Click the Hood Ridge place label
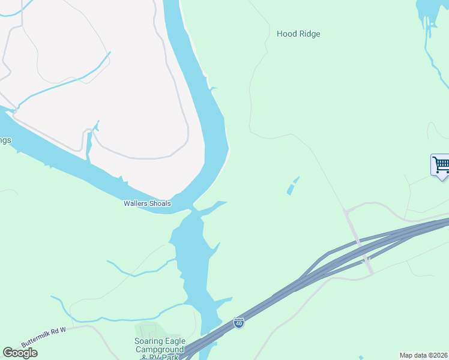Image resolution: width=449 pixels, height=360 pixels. [x=298, y=34]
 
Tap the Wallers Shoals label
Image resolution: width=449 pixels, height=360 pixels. [x=147, y=203]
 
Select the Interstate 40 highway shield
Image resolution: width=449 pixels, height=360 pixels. [x=239, y=323]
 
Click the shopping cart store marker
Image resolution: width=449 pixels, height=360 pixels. [x=441, y=164]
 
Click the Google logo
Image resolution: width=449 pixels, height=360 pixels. [x=20, y=353]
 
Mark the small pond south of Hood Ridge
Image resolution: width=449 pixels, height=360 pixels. [x=292, y=185]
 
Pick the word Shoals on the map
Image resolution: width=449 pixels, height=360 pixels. [x=160, y=203]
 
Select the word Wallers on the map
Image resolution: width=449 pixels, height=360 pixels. [x=135, y=203]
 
